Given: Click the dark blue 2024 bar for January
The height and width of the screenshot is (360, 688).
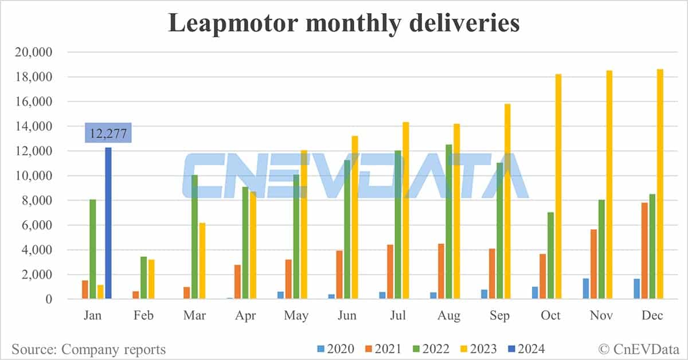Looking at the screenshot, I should [x=108, y=224].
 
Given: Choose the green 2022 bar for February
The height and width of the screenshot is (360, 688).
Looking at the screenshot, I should [x=143, y=278].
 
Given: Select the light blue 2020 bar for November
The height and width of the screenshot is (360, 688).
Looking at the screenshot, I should [x=586, y=289].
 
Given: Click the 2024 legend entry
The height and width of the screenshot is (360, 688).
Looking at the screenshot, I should [x=524, y=349].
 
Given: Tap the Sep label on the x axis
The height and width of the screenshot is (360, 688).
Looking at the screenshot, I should [x=500, y=316].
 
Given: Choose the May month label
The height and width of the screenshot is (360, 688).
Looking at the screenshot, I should [x=296, y=316].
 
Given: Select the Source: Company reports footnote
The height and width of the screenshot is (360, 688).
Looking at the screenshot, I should [x=88, y=349].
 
